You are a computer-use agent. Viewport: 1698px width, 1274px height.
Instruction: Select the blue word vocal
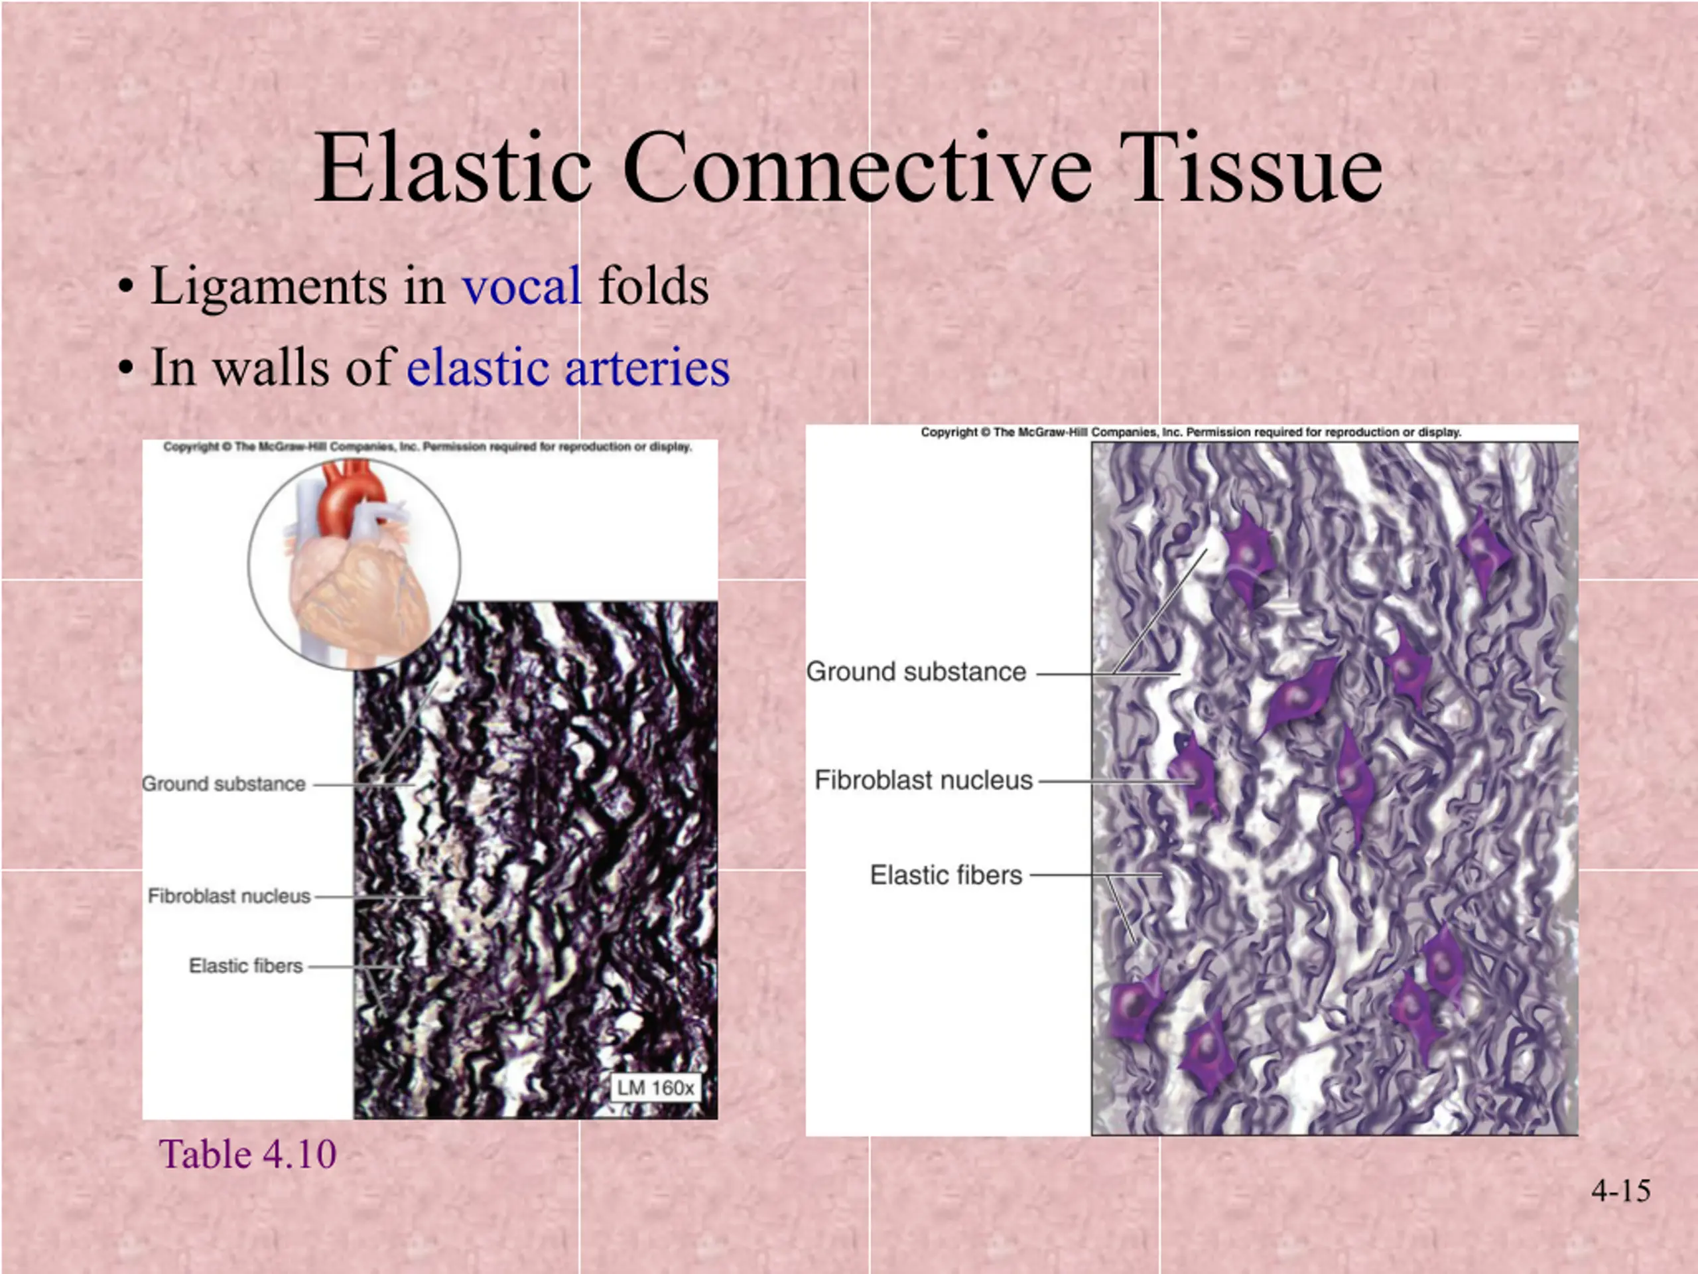(521, 287)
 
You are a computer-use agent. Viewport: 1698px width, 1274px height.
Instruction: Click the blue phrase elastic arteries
(568, 367)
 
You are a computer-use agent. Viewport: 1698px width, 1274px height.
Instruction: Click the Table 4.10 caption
(247, 1154)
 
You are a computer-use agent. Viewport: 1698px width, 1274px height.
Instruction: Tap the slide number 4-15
(1621, 1190)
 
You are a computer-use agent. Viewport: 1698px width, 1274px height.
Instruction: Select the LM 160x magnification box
(655, 1088)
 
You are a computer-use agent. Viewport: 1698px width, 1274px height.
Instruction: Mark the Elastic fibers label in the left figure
(245, 965)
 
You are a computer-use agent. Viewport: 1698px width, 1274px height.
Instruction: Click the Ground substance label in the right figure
(916, 672)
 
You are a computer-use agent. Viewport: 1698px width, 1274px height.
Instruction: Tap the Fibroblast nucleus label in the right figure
(923, 780)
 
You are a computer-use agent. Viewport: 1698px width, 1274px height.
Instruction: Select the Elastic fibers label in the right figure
(946, 875)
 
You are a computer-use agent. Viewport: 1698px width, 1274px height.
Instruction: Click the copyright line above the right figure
(1191, 433)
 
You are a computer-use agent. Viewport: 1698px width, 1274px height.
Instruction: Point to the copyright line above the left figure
(428, 447)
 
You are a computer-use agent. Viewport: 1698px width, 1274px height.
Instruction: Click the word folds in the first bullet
(653, 287)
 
